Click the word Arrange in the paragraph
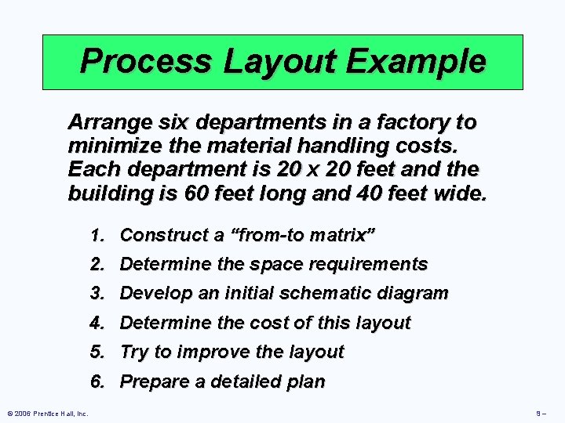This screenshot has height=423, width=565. [106, 122]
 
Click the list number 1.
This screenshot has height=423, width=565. [97, 234]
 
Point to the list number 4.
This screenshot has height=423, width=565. [97, 323]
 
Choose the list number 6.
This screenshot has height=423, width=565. [97, 381]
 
